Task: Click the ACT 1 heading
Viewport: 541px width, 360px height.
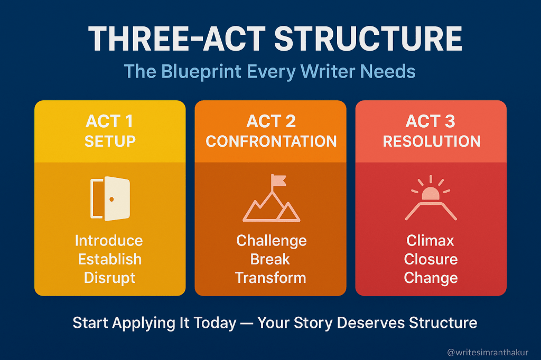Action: [110, 121]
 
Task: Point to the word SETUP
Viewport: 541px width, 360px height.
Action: [110, 141]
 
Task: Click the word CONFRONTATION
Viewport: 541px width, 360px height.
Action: [271, 141]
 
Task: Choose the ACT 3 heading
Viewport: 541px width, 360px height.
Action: [431, 121]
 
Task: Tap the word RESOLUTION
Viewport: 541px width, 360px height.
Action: [431, 141]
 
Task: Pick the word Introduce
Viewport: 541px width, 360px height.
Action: [109, 241]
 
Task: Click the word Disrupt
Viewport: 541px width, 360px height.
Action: [109, 278]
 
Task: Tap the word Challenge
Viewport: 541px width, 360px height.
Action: [271, 241]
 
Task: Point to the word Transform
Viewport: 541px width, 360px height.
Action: [270, 278]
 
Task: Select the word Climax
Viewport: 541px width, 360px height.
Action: [430, 241]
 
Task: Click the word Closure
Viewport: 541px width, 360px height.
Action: [431, 259]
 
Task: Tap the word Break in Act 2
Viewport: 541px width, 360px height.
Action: [270, 259]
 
